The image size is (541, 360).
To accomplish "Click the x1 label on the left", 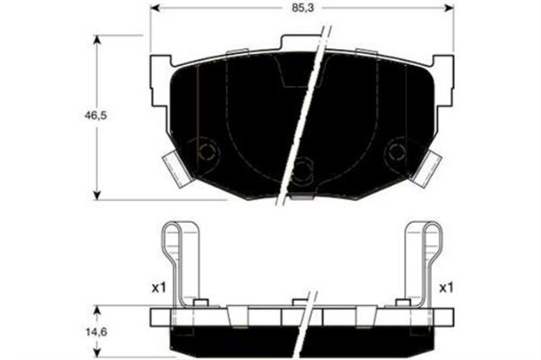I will [157, 288].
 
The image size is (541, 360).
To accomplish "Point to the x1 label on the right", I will [446, 288].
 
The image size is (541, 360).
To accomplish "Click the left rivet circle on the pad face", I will [205, 152].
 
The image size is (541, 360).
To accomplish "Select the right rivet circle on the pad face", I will [395, 152].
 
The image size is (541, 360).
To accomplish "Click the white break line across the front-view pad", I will [300, 118].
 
